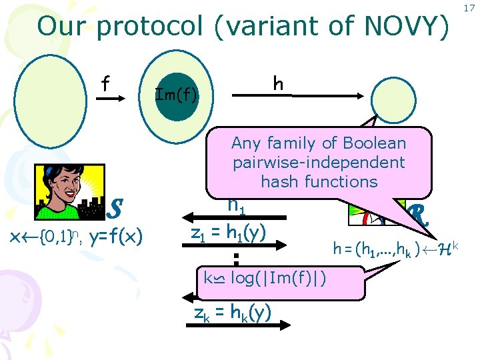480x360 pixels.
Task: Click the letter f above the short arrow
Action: point(105,84)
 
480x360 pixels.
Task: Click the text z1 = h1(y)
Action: point(229,232)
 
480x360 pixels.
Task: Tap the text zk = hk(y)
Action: point(230,311)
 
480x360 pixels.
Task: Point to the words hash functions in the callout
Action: point(319,181)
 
